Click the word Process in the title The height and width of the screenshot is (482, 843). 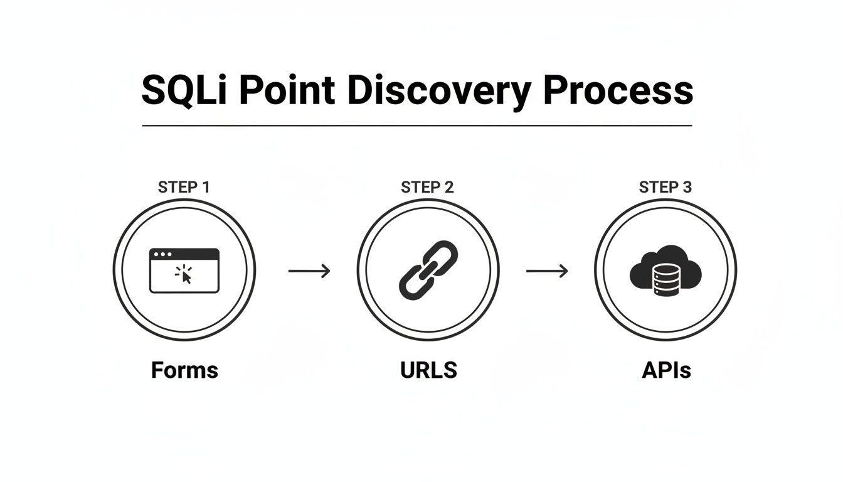[618, 90]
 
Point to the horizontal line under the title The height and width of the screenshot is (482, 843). [417, 126]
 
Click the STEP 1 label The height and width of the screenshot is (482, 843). [184, 187]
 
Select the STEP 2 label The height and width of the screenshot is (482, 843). [427, 187]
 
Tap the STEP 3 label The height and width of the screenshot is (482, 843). [666, 187]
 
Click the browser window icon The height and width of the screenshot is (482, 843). [184, 270]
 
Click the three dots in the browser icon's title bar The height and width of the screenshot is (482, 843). [163, 255]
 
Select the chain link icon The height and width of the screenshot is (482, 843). [428, 270]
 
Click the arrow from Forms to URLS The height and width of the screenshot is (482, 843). [309, 271]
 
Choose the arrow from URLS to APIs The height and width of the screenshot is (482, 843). [547, 271]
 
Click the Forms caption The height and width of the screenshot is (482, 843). [184, 370]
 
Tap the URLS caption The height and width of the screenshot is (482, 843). [428, 370]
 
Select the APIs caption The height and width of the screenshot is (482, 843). [666, 370]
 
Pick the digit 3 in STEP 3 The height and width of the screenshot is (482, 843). [687, 187]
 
